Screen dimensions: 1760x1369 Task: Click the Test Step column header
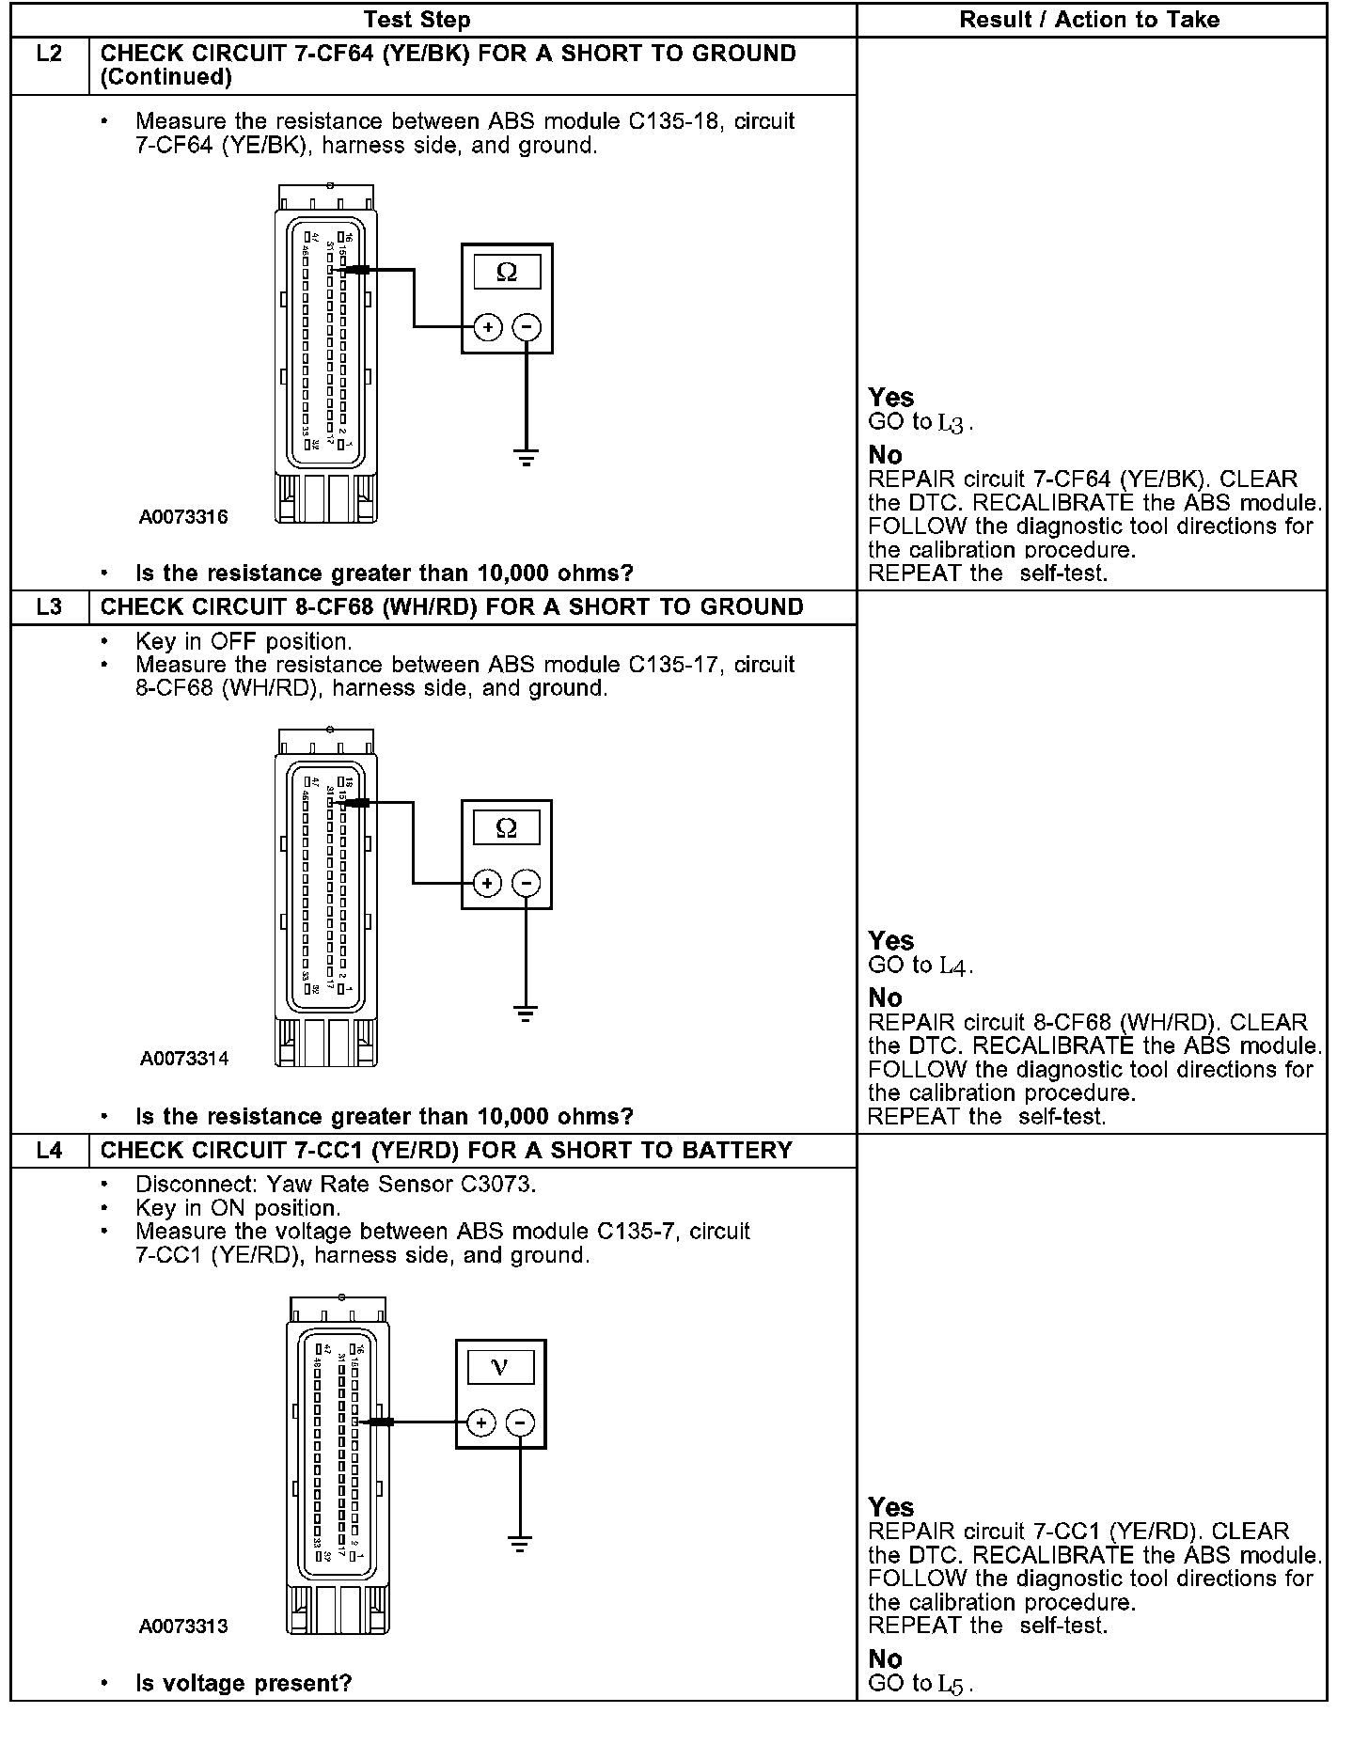pyautogui.click(x=417, y=20)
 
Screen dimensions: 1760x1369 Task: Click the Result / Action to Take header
pyautogui.click(x=1089, y=20)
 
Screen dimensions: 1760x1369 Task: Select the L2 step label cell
pyautogui.click(x=49, y=55)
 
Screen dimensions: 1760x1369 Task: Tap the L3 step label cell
pyautogui.click(x=49, y=607)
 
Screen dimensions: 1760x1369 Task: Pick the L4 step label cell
pyautogui.click(x=49, y=1151)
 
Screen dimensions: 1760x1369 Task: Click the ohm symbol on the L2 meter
pyautogui.click(x=506, y=273)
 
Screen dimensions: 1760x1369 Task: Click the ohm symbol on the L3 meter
pyautogui.click(x=506, y=828)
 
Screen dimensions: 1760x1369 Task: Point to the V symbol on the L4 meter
pyautogui.click(x=500, y=1367)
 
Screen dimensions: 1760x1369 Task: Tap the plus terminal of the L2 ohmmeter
pyautogui.click(x=487, y=327)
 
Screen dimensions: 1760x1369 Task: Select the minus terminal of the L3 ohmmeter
pyautogui.click(x=527, y=883)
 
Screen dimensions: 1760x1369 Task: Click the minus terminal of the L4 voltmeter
pyautogui.click(x=520, y=1422)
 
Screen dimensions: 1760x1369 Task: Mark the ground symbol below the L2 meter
pyautogui.click(x=526, y=459)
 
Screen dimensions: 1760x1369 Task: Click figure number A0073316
pyautogui.click(x=183, y=517)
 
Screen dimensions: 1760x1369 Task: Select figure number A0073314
pyautogui.click(x=184, y=1059)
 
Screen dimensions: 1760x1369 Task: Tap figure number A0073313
pyautogui.click(x=183, y=1626)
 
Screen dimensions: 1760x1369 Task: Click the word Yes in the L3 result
pyautogui.click(x=890, y=941)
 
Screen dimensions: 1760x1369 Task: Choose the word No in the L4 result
pyautogui.click(x=885, y=1658)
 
